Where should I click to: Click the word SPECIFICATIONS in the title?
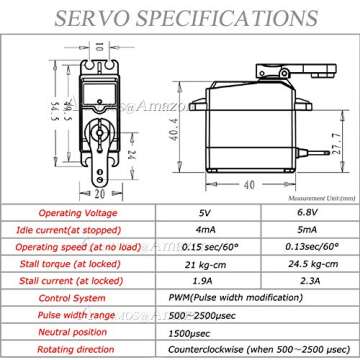[218, 17]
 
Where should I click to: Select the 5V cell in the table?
[204, 211]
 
